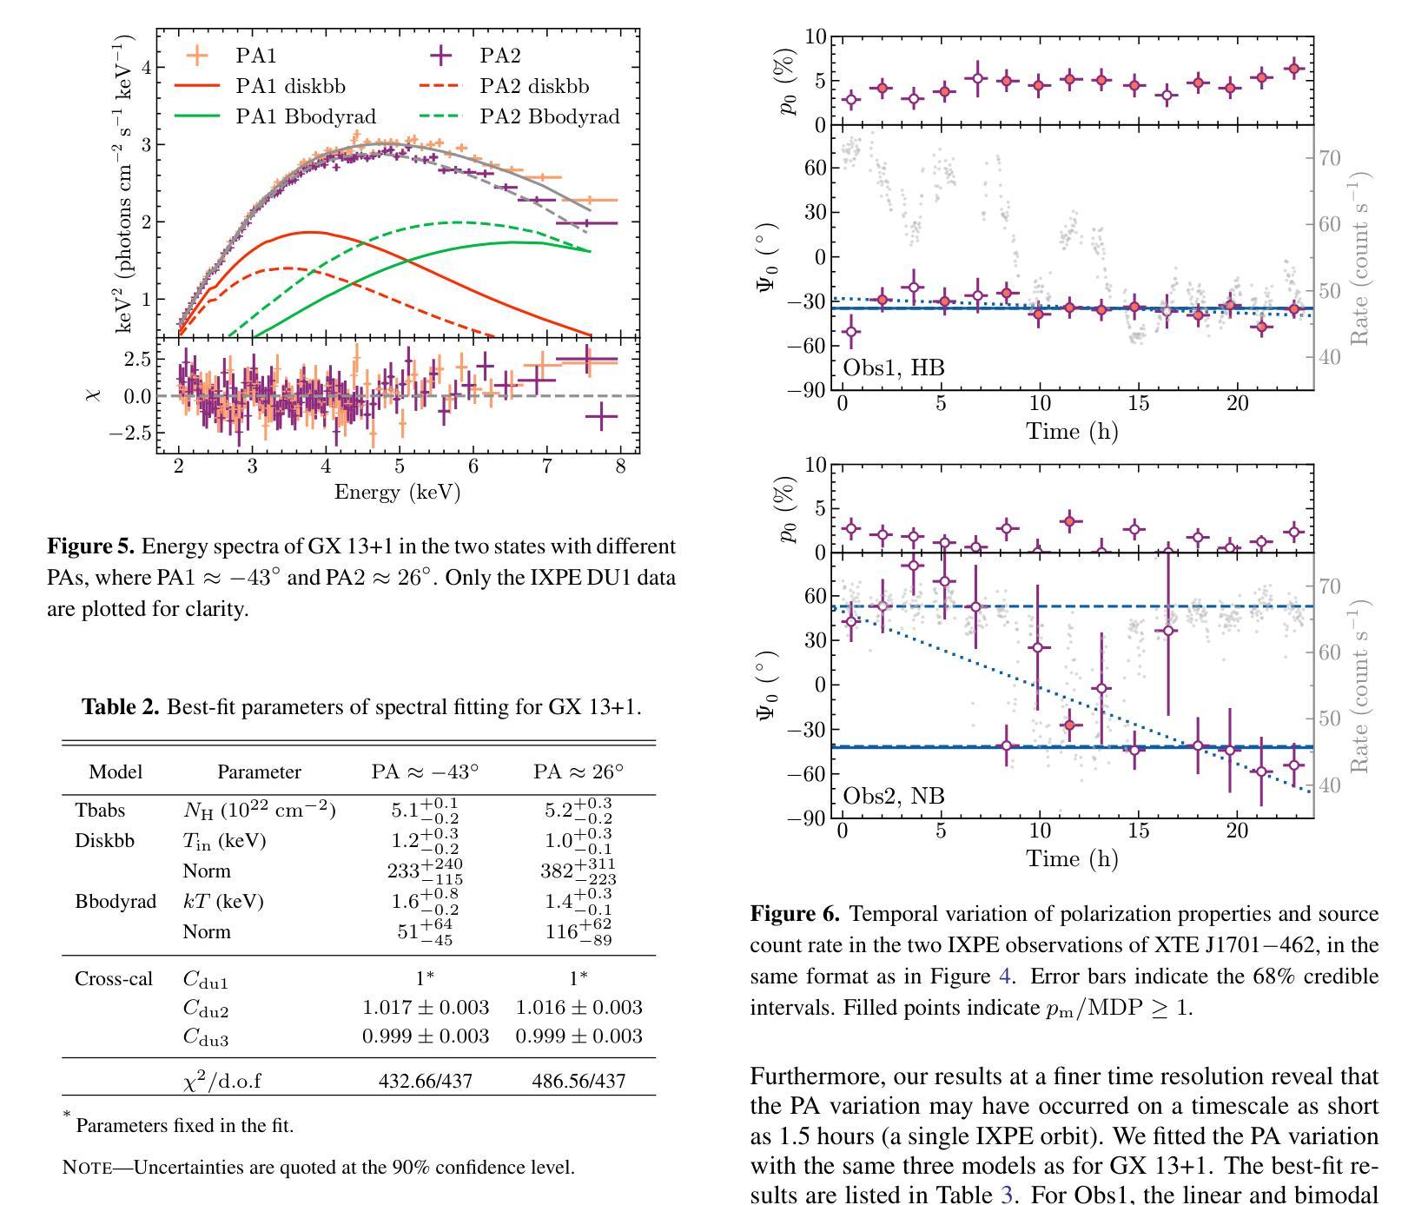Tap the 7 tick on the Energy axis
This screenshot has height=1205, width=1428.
[x=546, y=467]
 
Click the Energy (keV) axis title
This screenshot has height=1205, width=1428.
[x=397, y=493]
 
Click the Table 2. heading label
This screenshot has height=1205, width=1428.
[x=121, y=707]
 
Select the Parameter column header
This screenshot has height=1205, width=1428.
[x=259, y=771]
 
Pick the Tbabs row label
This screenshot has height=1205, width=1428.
[x=100, y=810]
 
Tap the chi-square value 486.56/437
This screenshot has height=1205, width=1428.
[x=578, y=1082]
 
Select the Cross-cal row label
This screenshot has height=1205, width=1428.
[x=114, y=979]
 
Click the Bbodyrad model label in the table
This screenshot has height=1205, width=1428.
[x=116, y=901]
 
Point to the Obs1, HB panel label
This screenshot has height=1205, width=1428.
[x=894, y=367]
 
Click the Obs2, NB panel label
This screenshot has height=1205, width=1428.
[x=894, y=796]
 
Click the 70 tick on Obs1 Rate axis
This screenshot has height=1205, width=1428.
[x=1328, y=158]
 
